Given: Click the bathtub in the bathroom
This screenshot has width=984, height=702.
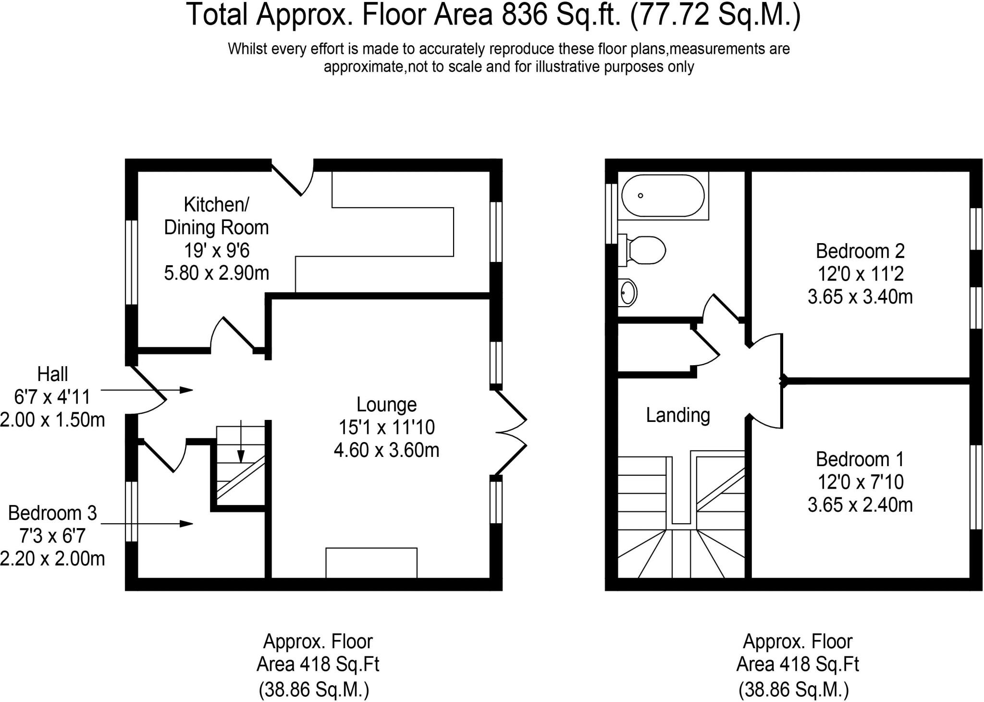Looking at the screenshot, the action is pos(663,196).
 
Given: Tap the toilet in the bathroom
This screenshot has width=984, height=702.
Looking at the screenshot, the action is pos(642,250).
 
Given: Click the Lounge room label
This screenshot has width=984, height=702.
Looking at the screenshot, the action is pos(386,405).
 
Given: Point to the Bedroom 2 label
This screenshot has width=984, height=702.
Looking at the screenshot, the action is pos(860,251).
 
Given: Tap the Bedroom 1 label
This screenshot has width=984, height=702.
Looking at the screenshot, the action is pos(860,459).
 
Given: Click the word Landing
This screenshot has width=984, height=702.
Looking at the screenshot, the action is pos(677,415).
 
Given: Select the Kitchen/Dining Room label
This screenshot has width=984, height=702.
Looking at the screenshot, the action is pos(216,216).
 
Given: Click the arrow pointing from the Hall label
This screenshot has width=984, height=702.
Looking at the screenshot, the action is pos(147,390).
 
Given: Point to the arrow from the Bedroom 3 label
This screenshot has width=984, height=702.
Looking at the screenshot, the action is pos(147,523).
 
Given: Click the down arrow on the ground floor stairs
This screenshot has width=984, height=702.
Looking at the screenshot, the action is pos(241,441).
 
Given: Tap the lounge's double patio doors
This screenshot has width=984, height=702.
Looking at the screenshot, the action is pos(511,433).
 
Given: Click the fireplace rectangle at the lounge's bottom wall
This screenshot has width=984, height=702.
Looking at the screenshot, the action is pos(371,563).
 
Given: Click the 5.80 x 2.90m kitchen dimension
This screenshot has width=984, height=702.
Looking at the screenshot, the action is pos(216,273).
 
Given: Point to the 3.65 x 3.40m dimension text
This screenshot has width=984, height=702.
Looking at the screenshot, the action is pos(860,297).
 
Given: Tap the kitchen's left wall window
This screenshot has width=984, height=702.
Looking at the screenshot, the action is pos(131,262).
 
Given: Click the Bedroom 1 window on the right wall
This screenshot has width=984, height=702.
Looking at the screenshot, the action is pos(976,487).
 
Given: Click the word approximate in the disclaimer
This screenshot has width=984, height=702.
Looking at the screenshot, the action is pos(364,67).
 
